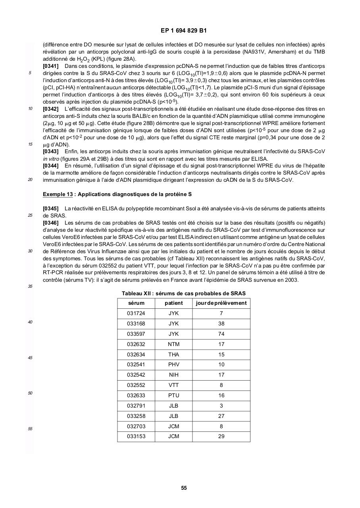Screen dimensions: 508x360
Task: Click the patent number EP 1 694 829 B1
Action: [184, 31]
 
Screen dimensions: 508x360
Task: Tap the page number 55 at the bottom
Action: [184, 488]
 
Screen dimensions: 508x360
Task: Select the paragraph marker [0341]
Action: [50, 66]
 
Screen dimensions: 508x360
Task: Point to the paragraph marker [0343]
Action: [50, 152]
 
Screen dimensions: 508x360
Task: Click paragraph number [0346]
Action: [50, 223]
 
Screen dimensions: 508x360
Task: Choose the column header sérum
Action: [136, 303]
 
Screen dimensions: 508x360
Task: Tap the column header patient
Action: [174, 303]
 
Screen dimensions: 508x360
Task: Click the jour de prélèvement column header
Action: [221, 303]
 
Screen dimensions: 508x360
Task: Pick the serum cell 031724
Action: [136, 314]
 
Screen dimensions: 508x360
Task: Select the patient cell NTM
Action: [174, 344]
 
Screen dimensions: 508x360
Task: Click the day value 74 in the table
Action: [221, 334]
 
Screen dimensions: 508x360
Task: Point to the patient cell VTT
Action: [174, 385]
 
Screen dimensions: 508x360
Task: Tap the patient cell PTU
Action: [174, 395]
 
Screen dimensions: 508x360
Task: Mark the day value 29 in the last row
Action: [221, 437]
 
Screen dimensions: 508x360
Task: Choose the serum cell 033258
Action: [136, 416]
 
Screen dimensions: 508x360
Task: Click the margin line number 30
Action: [30, 251]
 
